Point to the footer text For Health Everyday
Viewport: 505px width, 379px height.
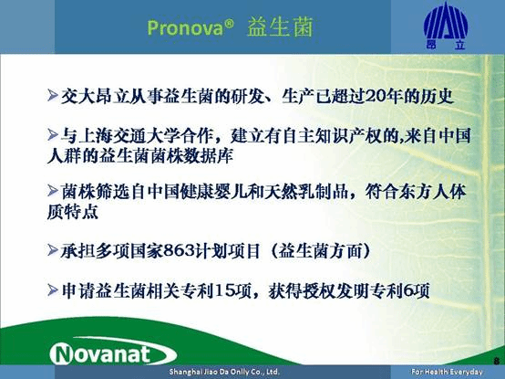447,373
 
